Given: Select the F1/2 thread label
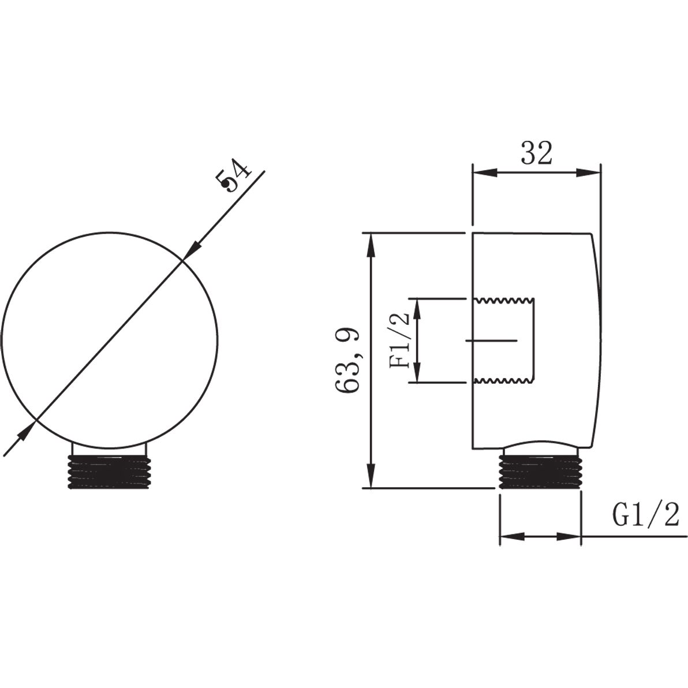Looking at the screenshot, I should point(399,340).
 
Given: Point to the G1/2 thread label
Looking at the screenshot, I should point(645,515).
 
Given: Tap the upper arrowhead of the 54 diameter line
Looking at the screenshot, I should point(192,250).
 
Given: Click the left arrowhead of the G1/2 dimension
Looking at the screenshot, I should point(511,537).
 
